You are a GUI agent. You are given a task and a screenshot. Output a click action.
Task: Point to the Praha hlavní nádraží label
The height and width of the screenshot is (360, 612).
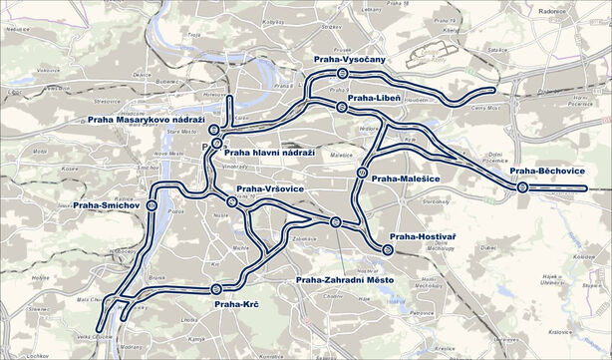pyautogui.click(x=269, y=153)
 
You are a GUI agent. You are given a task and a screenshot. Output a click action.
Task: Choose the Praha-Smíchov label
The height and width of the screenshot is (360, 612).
pyautogui.click(x=105, y=205)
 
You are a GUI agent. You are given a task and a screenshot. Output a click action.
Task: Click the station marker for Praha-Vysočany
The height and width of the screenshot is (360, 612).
pyautogui.click(x=342, y=73)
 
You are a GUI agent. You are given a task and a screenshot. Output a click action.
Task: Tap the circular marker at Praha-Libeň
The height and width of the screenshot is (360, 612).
pyautogui.click(x=340, y=106)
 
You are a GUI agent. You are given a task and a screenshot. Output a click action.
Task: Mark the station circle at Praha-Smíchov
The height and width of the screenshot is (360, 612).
pyautogui.click(x=152, y=204)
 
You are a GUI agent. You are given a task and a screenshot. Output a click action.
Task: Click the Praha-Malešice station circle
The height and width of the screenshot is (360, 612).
pyautogui.click(x=361, y=173)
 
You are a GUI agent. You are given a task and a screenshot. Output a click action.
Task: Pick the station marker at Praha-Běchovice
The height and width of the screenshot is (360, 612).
pyautogui.click(x=522, y=186)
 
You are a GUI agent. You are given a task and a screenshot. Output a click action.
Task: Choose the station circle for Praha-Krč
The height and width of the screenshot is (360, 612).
pyautogui.click(x=216, y=289)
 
